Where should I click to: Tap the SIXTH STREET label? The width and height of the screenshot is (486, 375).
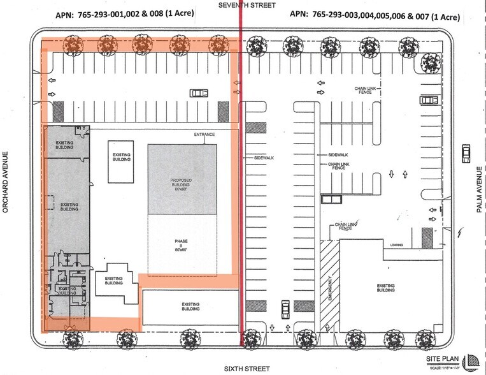coord(247,369)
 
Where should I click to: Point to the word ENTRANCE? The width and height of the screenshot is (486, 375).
coord(204,135)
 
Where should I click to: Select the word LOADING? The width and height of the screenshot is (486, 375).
coord(396,244)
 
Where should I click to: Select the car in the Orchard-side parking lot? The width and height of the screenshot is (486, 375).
coord(199,92)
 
